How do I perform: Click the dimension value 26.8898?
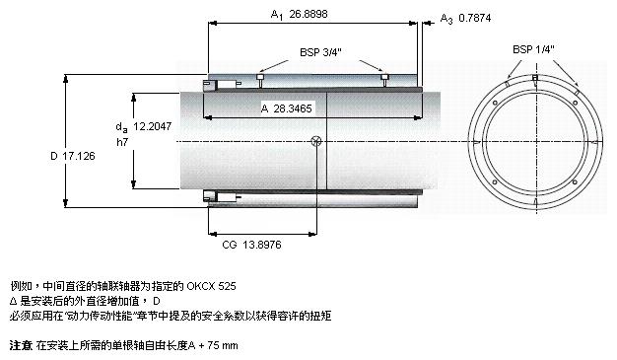point(308,14)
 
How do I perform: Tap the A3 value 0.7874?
point(474,18)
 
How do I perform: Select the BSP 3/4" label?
point(320,52)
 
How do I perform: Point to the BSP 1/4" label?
point(533,49)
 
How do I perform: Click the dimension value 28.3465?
point(293,108)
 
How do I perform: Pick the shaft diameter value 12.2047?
point(153,126)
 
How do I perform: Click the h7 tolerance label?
point(122,142)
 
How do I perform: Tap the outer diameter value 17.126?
point(79,156)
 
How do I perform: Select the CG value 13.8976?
point(262,245)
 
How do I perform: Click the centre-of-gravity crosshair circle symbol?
point(316,141)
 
